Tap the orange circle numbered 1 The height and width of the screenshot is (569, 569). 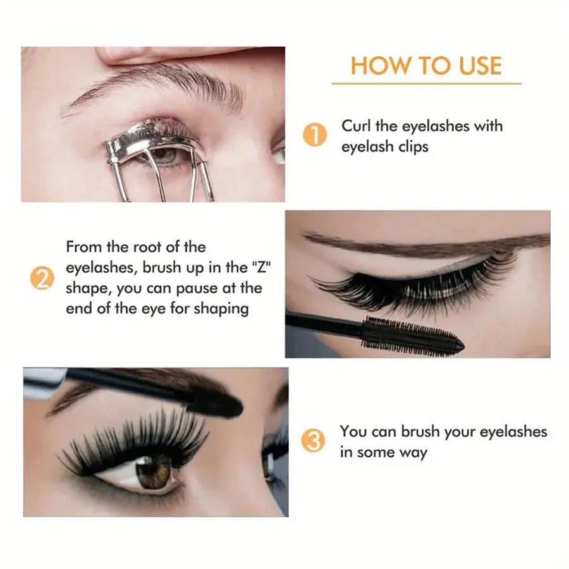point(314,135)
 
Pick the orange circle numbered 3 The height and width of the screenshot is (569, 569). point(314,441)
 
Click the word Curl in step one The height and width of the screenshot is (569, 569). point(357,125)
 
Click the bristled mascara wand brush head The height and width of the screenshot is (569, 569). point(411,334)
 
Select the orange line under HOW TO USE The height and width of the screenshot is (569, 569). point(426,83)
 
